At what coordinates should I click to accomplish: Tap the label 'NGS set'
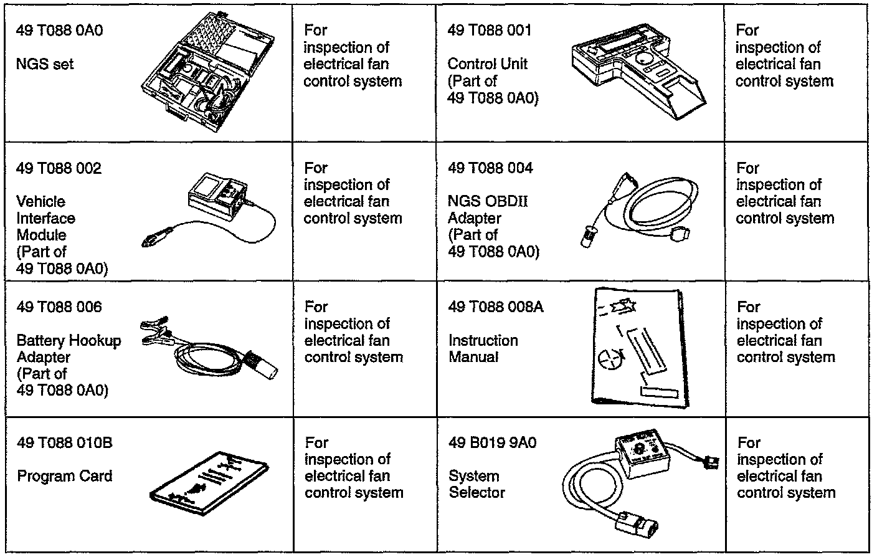point(45,64)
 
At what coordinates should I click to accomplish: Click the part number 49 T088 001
point(490,31)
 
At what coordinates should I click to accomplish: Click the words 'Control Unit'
point(487,64)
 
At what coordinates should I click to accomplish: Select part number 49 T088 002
point(59,168)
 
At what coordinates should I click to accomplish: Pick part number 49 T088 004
point(490,168)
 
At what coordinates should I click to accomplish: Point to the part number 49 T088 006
point(59,307)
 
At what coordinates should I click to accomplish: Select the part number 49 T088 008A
point(495,307)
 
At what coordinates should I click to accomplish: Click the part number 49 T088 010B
point(64,443)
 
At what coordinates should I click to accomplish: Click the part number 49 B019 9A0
point(492,443)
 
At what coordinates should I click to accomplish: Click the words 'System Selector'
point(476,484)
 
